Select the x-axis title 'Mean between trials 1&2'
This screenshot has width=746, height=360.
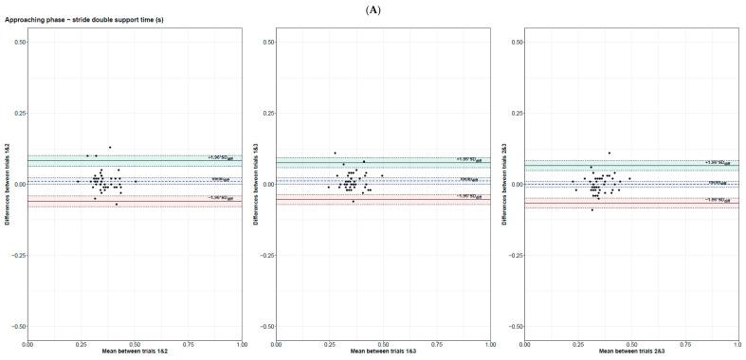click(135, 352)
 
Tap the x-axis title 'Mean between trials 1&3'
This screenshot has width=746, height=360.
click(382, 352)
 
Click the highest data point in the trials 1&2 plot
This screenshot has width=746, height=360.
click(110, 147)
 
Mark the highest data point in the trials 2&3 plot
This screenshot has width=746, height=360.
click(610, 153)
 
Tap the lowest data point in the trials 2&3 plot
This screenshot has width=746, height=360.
click(592, 209)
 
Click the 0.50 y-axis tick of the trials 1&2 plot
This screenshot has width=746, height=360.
click(19, 42)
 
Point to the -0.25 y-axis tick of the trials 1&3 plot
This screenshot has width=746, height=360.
click(265, 255)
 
